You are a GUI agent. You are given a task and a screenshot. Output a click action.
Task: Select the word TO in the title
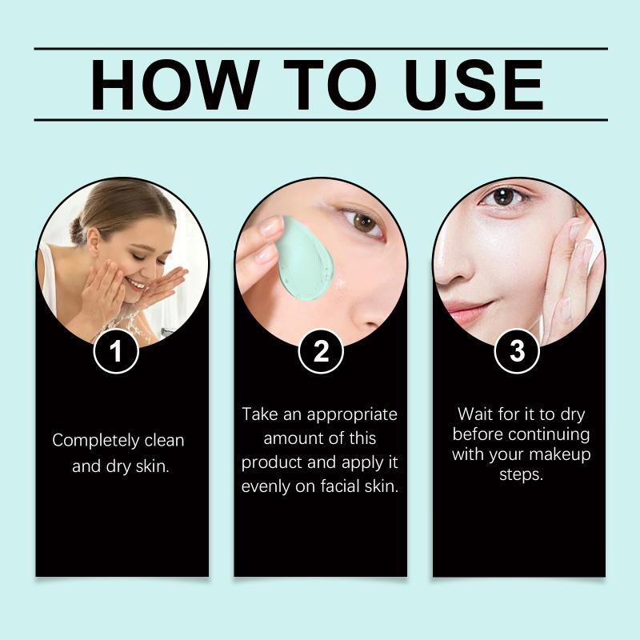coord(330,85)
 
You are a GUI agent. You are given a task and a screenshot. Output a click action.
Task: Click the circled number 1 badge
coord(116,351)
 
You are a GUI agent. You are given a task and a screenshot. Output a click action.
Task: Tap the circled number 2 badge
coord(321,351)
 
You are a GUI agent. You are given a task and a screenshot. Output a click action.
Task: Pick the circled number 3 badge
coord(517,351)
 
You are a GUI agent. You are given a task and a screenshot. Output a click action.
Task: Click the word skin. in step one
coord(152,466)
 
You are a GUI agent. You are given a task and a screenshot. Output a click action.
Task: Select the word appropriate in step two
coord(352,415)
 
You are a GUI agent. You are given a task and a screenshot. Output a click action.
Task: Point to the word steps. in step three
coord(522,474)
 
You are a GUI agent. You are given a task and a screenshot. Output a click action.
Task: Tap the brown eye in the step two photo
coord(363,223)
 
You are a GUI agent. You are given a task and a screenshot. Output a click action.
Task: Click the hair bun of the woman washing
coord(77,230)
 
